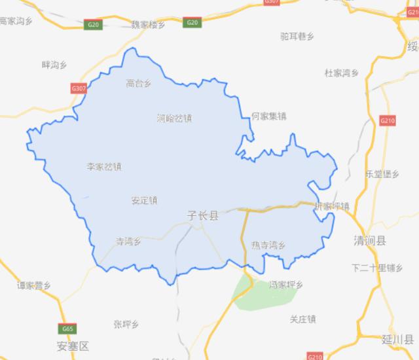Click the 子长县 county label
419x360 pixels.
[202, 215]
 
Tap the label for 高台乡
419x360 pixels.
[139, 83]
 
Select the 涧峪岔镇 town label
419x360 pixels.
[175, 118]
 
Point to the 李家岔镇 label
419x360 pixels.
[104, 166]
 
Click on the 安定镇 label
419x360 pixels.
[144, 200]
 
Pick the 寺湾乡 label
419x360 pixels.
[128, 241]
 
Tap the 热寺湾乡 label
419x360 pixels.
[268, 245]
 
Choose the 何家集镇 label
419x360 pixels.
[269, 117]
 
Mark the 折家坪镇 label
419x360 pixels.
[332, 206]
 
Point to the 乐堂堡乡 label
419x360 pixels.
[382, 174]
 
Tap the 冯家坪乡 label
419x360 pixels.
[286, 285]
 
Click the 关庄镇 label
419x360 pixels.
[302, 319]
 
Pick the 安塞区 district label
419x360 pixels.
[72, 345]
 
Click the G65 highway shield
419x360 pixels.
[66, 329]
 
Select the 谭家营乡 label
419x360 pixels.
[34, 285]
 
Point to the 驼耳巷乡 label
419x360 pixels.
[297, 37]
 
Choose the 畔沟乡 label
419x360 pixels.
[54, 64]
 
